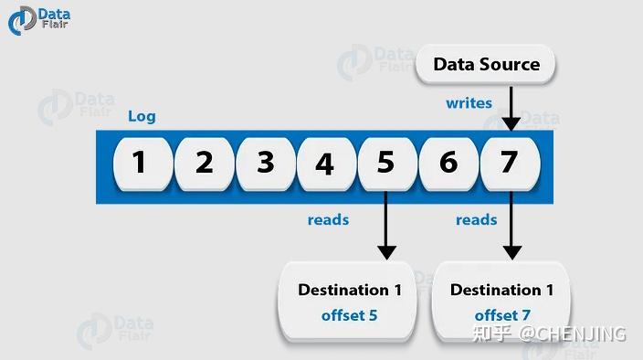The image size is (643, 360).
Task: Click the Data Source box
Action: (486, 65)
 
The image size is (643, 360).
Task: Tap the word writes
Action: (469, 103)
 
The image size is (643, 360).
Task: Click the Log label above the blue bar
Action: (142, 116)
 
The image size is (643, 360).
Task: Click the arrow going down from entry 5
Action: (386, 224)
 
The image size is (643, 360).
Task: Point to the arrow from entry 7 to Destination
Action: (511, 224)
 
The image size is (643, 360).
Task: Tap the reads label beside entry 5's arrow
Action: (328, 219)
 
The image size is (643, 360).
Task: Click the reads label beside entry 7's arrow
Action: (477, 219)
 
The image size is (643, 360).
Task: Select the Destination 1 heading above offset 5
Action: (350, 291)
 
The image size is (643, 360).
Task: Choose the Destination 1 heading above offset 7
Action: (501, 291)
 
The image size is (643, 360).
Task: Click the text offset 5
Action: (350, 316)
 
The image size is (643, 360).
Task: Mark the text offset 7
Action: (501, 316)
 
